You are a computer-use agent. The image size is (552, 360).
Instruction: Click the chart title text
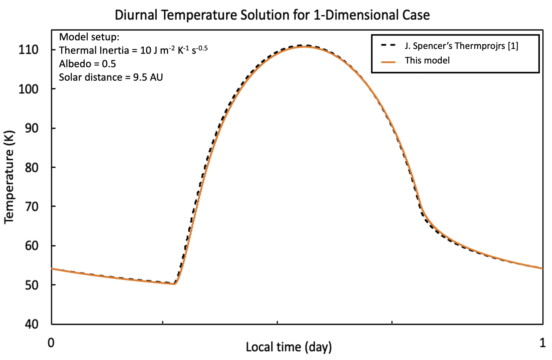click(x=272, y=15)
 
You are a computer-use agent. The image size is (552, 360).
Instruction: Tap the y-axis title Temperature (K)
click(x=9, y=177)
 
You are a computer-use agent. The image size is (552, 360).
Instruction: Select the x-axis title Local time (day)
click(x=288, y=347)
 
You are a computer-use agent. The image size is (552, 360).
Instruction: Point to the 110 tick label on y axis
click(x=28, y=50)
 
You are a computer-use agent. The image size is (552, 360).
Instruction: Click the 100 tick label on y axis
click(x=28, y=89)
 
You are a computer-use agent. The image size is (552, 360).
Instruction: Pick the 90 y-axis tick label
click(x=31, y=128)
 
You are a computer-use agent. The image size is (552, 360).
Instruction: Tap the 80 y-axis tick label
click(x=31, y=167)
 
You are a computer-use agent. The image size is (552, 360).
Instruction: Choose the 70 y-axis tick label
click(x=31, y=207)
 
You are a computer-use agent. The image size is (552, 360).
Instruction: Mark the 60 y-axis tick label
click(x=31, y=246)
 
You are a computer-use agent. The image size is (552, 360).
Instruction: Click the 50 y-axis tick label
click(x=31, y=285)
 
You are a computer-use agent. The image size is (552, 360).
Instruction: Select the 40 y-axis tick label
click(x=31, y=324)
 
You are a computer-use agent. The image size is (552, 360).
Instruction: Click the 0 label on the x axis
click(x=51, y=342)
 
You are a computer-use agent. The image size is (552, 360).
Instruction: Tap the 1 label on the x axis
click(x=542, y=342)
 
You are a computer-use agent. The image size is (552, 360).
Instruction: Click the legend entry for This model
click(x=427, y=60)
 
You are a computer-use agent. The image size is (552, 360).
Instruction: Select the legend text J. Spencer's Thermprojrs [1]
click(x=461, y=46)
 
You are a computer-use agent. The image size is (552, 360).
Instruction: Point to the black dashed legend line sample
click(x=388, y=46)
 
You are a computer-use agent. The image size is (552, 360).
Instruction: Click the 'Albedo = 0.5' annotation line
click(x=87, y=64)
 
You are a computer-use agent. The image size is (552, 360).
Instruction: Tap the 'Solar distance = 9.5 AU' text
click(x=111, y=77)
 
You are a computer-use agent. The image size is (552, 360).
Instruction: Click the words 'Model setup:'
click(x=89, y=37)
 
